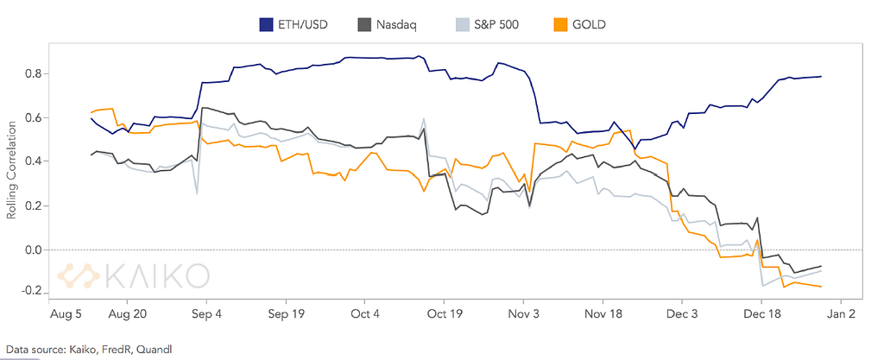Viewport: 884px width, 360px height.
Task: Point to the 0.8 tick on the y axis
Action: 34,73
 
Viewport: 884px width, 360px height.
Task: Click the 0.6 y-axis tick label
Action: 34,117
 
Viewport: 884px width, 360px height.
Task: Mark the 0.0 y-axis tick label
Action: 34,249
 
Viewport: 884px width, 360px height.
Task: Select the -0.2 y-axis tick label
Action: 32,294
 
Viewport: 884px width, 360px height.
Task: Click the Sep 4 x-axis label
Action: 207,315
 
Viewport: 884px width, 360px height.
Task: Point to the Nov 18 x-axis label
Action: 604,315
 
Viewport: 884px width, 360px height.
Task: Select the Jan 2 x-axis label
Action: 841,315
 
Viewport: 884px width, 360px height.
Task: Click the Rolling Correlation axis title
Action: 11,170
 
